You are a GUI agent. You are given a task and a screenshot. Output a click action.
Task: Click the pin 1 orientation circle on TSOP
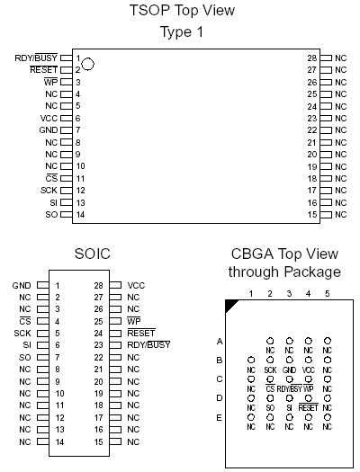87,64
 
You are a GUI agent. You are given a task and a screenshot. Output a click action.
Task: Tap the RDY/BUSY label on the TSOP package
36,58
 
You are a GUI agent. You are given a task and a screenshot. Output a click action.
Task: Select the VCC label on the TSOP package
49,119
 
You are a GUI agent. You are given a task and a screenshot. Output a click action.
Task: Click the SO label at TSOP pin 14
51,215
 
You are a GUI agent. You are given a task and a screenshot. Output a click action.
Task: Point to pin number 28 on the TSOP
311,58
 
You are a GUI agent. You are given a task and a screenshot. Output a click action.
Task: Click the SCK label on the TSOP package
49,191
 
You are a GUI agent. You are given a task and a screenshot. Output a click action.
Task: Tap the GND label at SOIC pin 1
22,285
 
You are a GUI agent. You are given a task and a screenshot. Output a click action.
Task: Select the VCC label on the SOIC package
136,285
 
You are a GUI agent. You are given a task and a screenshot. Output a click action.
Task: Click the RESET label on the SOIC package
141,333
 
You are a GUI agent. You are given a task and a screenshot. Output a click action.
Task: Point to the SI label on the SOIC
27,345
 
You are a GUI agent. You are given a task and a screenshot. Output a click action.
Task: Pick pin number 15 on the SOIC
98,442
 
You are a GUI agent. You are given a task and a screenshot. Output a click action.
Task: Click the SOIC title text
93,254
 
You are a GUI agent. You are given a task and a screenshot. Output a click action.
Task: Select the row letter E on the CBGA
220,418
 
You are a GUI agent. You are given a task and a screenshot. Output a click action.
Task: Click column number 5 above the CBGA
328,293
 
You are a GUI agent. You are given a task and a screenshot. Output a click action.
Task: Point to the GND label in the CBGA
289,370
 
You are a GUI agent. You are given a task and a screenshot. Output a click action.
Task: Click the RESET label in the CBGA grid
308,407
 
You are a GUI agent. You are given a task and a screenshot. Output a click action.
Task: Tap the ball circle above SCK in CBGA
270,360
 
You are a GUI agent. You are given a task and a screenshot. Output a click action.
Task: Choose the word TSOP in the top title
149,10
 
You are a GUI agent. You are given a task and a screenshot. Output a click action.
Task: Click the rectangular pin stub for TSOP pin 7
67,130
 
